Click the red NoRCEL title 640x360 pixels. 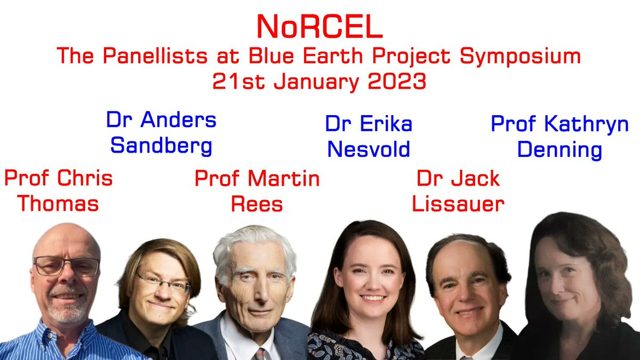click(319, 27)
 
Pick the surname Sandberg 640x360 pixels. click(161, 145)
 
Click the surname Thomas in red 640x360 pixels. click(59, 203)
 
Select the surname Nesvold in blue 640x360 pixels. click(369, 149)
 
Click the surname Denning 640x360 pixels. click(559, 149)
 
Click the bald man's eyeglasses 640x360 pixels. click(66, 266)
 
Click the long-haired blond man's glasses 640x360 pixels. click(163, 283)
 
